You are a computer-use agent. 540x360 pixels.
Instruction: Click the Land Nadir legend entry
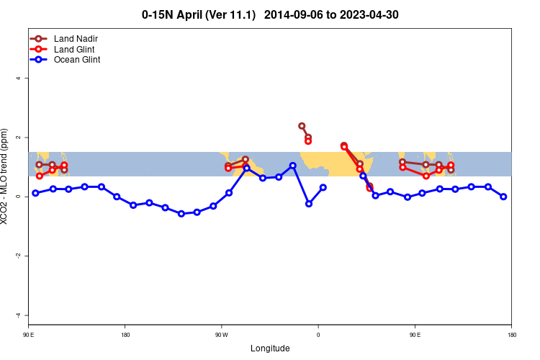coord(76,38)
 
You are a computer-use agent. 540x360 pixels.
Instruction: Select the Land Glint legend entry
coord(74,49)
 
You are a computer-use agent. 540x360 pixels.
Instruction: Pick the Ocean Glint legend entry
coord(77,60)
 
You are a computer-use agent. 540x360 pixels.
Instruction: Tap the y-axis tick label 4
coord(18,78)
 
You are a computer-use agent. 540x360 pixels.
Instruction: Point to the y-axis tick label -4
coord(18,315)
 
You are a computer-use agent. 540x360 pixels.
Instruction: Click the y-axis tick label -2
coord(18,256)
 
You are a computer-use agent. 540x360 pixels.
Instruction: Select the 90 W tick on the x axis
coord(221,335)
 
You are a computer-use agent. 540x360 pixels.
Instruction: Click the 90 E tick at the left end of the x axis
coord(29,335)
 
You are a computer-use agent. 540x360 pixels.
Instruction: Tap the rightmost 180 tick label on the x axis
coord(511,335)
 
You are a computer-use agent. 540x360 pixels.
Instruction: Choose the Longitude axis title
coord(270,348)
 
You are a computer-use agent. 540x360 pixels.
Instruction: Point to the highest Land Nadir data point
coord(302,126)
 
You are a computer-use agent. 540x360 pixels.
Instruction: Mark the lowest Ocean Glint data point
coord(181,214)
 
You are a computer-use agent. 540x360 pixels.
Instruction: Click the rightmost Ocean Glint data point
coord(503,197)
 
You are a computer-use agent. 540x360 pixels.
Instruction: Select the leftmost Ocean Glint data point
coord(35,193)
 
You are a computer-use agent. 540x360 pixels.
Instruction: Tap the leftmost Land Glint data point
coord(40,176)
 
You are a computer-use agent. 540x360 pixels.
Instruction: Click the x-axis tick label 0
coord(318,335)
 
